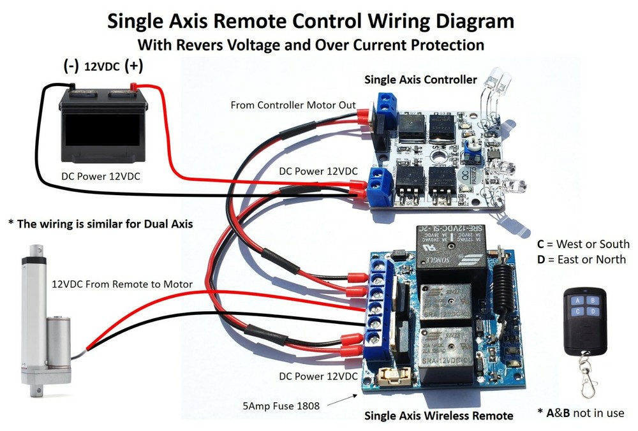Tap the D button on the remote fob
593,310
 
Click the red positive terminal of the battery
135,87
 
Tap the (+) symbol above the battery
134,65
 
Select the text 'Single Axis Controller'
420,80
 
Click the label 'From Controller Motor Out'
293,105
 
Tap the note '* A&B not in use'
581,413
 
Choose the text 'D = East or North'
582,259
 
